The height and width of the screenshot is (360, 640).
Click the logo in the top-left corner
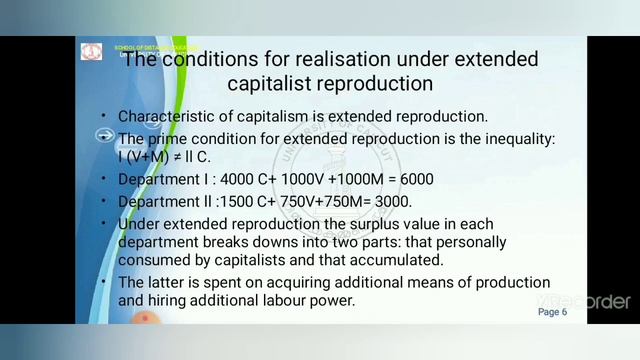point(92,52)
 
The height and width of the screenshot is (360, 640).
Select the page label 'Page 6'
point(552,312)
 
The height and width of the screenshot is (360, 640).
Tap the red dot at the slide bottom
point(146,319)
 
